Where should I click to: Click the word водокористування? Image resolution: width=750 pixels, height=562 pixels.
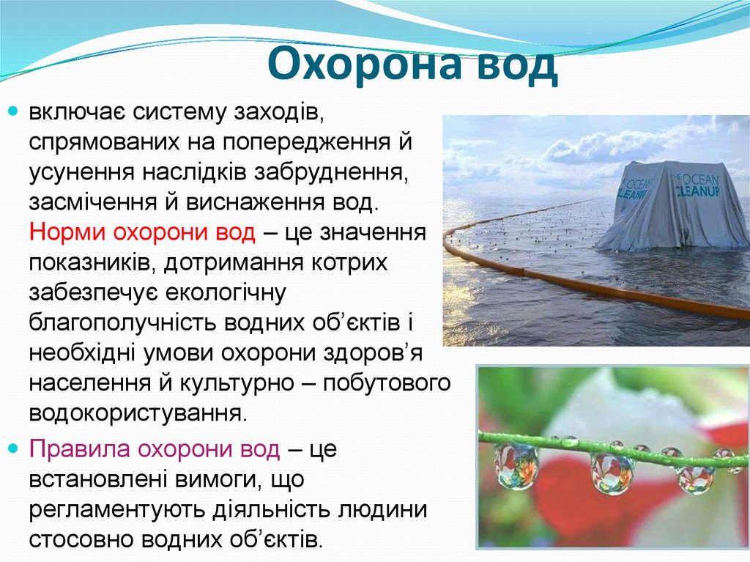[x=135, y=413]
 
